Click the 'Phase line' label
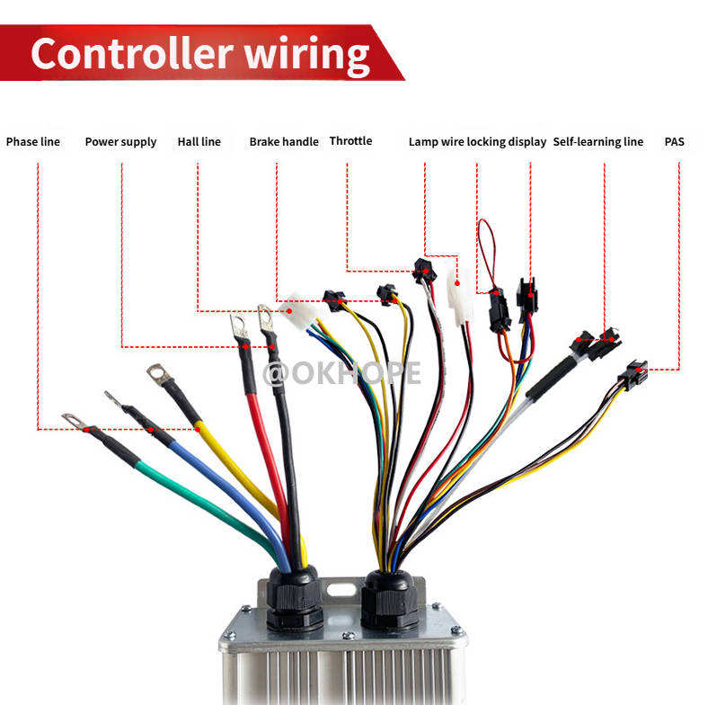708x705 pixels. point(33,142)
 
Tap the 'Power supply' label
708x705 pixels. point(120,142)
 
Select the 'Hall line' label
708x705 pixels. point(199,142)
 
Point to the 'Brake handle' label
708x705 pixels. point(284,142)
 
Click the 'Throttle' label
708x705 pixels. point(350,141)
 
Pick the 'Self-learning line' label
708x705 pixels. point(598,142)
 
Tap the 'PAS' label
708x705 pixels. point(674,142)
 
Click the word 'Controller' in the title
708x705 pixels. point(138,54)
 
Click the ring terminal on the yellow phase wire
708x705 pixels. point(159,371)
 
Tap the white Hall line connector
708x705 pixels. point(301,314)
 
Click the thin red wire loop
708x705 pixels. point(486,247)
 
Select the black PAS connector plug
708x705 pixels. point(633,372)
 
